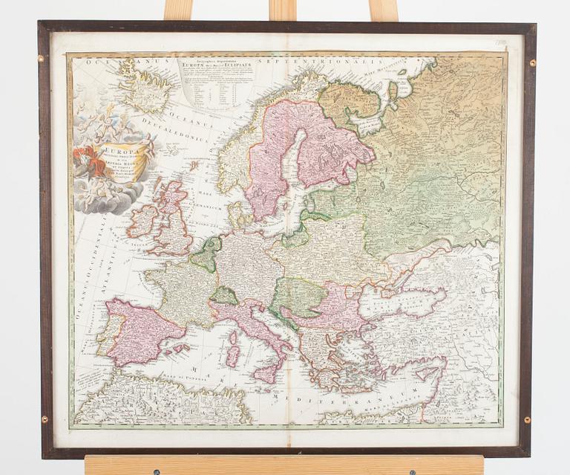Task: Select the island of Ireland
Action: point(142,221)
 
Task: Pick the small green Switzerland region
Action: point(224,296)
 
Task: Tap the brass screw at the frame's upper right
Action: point(532,64)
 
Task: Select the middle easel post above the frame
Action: point(283,10)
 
